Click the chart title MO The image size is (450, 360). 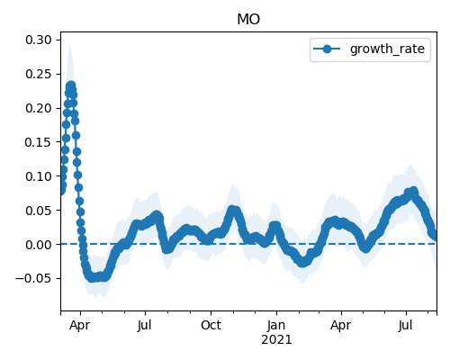click(248, 20)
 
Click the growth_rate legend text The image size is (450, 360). click(387, 49)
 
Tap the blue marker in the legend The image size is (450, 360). click(327, 49)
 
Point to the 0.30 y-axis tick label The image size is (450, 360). click(39, 40)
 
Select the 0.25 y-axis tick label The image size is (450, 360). click(39, 74)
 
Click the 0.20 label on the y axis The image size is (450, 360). click(39, 108)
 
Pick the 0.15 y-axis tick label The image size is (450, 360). click(39, 142)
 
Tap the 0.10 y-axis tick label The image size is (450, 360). click(39, 176)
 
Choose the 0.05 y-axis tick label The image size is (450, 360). click(39, 211)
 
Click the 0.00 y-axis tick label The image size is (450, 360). click(39, 245)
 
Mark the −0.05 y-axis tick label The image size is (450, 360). click(33, 279)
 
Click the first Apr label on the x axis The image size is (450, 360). click(80, 326)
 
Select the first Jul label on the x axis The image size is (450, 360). click(145, 325)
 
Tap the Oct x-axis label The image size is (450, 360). click(211, 325)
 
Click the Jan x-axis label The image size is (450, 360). click(276, 325)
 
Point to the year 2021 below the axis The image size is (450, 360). click(276, 340)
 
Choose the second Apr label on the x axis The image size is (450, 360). click(341, 326)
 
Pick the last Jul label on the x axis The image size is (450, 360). click(406, 325)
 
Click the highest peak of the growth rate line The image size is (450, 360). click(71, 86)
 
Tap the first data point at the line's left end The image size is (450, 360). click(61, 190)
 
